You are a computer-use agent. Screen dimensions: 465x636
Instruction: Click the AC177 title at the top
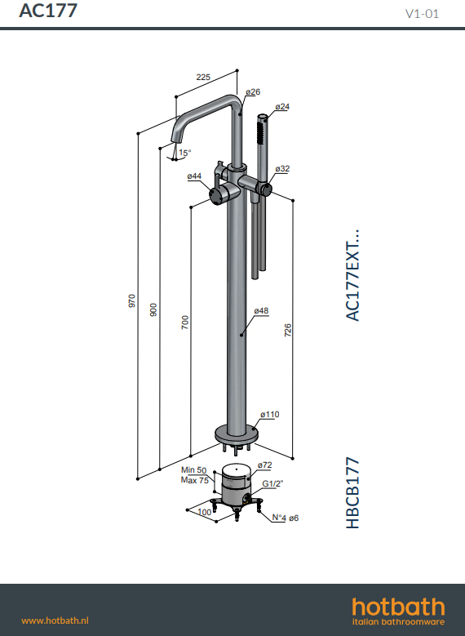[48, 11]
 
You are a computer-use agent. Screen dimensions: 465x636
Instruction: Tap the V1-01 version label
[422, 14]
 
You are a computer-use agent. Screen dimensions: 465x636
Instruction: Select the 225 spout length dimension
[203, 77]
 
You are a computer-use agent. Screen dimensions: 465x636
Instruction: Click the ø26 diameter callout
[253, 92]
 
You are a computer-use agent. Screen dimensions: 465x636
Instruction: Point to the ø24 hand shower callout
[282, 107]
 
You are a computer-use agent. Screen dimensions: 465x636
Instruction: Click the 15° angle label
[185, 153]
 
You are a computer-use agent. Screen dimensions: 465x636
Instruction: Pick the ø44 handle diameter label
[194, 176]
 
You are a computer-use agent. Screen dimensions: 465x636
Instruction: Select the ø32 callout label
[282, 169]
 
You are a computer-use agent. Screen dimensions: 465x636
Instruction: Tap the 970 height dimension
[132, 301]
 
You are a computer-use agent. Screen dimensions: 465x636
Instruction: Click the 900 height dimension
[153, 310]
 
